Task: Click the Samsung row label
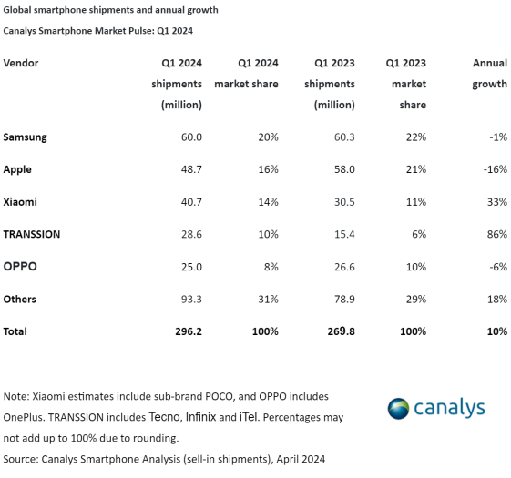point(25,137)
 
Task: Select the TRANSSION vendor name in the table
point(32,234)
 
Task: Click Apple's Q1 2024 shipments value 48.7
point(189,169)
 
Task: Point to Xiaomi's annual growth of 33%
point(496,201)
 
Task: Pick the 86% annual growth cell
point(496,234)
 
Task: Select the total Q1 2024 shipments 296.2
point(186,331)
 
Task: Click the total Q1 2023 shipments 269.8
point(339,331)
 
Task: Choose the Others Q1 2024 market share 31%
point(266,299)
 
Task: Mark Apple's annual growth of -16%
point(495,169)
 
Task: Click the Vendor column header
point(21,63)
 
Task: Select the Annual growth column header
point(489,74)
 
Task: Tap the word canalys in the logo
point(450,407)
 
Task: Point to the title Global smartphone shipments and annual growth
point(110,10)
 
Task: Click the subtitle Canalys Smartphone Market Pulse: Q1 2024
point(98,31)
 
